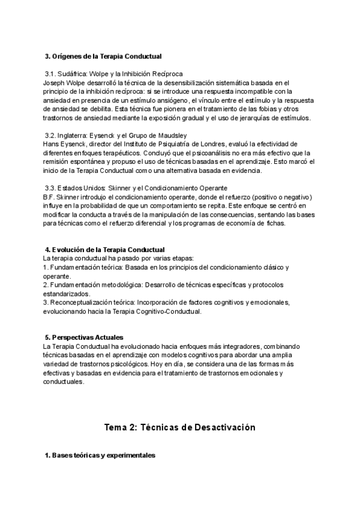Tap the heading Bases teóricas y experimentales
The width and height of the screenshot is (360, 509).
pos(100,456)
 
